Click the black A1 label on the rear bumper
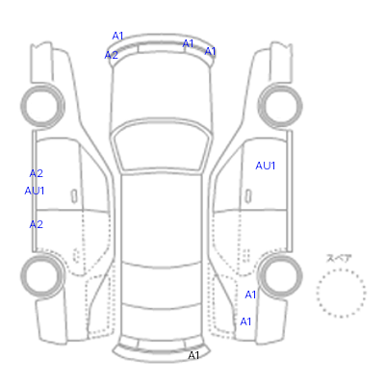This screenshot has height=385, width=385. (x=193, y=355)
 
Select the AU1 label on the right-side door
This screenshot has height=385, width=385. (x=266, y=166)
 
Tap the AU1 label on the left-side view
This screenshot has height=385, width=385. (x=35, y=191)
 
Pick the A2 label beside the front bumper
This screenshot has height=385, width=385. (x=112, y=55)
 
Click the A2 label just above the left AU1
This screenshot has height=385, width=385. (x=37, y=173)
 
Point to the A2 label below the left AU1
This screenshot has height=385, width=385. (x=37, y=224)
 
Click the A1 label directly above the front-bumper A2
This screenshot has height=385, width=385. (x=117, y=36)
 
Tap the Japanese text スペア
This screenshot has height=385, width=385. (x=339, y=258)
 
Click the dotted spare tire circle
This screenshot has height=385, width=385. (x=341, y=269)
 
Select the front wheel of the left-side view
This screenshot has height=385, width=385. (x=42, y=105)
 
